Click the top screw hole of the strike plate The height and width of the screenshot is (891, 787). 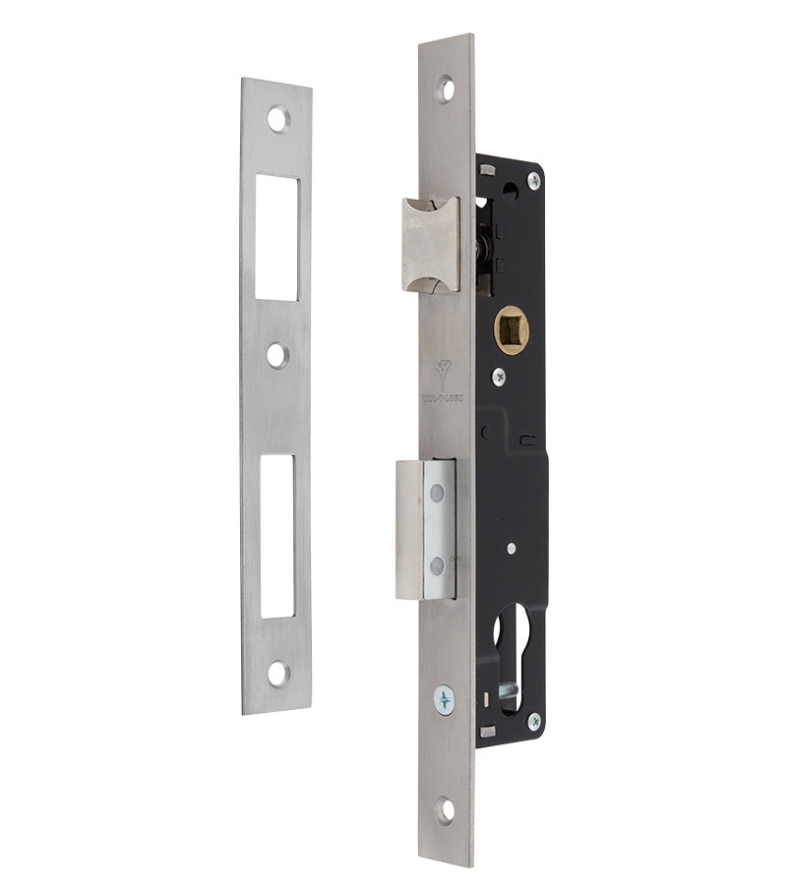click(x=278, y=119)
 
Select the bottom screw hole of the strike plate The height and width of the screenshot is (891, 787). click(x=278, y=674)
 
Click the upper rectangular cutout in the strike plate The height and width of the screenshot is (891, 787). click(x=276, y=237)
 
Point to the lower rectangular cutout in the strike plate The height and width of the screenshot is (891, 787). click(x=277, y=536)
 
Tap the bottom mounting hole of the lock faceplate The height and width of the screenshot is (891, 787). click(x=446, y=810)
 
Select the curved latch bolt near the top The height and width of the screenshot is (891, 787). click(x=430, y=243)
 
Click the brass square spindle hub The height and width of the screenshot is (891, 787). click(x=512, y=329)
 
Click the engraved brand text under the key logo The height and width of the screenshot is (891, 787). click(x=445, y=398)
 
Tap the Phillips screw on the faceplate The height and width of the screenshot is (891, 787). click(x=445, y=700)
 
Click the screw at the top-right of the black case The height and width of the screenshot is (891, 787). click(x=533, y=180)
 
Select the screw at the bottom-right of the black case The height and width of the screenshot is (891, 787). click(x=533, y=722)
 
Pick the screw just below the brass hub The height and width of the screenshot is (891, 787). click(x=499, y=376)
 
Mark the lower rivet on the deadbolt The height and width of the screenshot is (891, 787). click(x=437, y=565)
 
